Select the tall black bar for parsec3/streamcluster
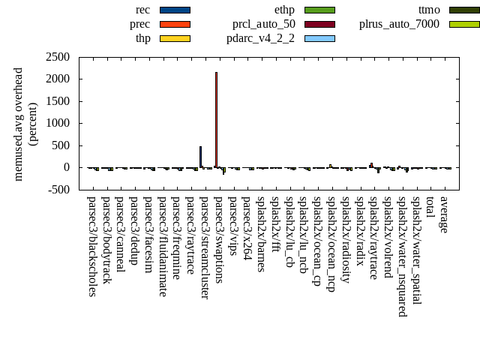tap(200, 157)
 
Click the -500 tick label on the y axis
tap(58, 190)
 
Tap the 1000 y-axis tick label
tap(58, 124)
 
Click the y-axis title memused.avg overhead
tap(19, 124)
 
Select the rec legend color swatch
tap(175, 10)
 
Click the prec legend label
tap(139, 24)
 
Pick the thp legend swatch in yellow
tap(175, 38)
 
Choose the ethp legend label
tap(285, 10)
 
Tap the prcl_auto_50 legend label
tap(264, 24)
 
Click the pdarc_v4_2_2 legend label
tap(261, 38)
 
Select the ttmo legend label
tap(430, 10)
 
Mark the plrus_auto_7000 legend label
tap(399, 24)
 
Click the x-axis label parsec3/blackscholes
tap(91, 246)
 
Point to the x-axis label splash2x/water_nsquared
tap(402, 256)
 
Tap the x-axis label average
tap(444, 214)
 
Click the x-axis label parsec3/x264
tap(247, 224)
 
